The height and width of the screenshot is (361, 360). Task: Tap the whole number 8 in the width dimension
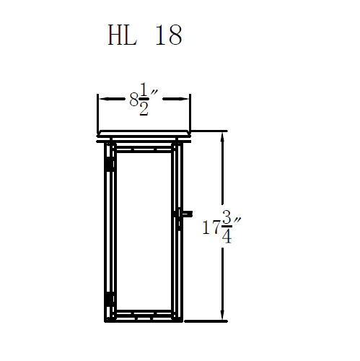tap(133, 100)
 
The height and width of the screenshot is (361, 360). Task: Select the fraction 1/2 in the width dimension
tap(145, 101)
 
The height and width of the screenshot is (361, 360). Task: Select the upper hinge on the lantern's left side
tap(109, 165)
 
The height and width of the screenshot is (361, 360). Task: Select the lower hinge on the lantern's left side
tap(109, 298)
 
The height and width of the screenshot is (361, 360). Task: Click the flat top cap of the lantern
tap(144, 136)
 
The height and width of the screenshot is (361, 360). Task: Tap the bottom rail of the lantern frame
tap(144, 318)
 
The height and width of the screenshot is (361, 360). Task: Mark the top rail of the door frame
tap(144, 149)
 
